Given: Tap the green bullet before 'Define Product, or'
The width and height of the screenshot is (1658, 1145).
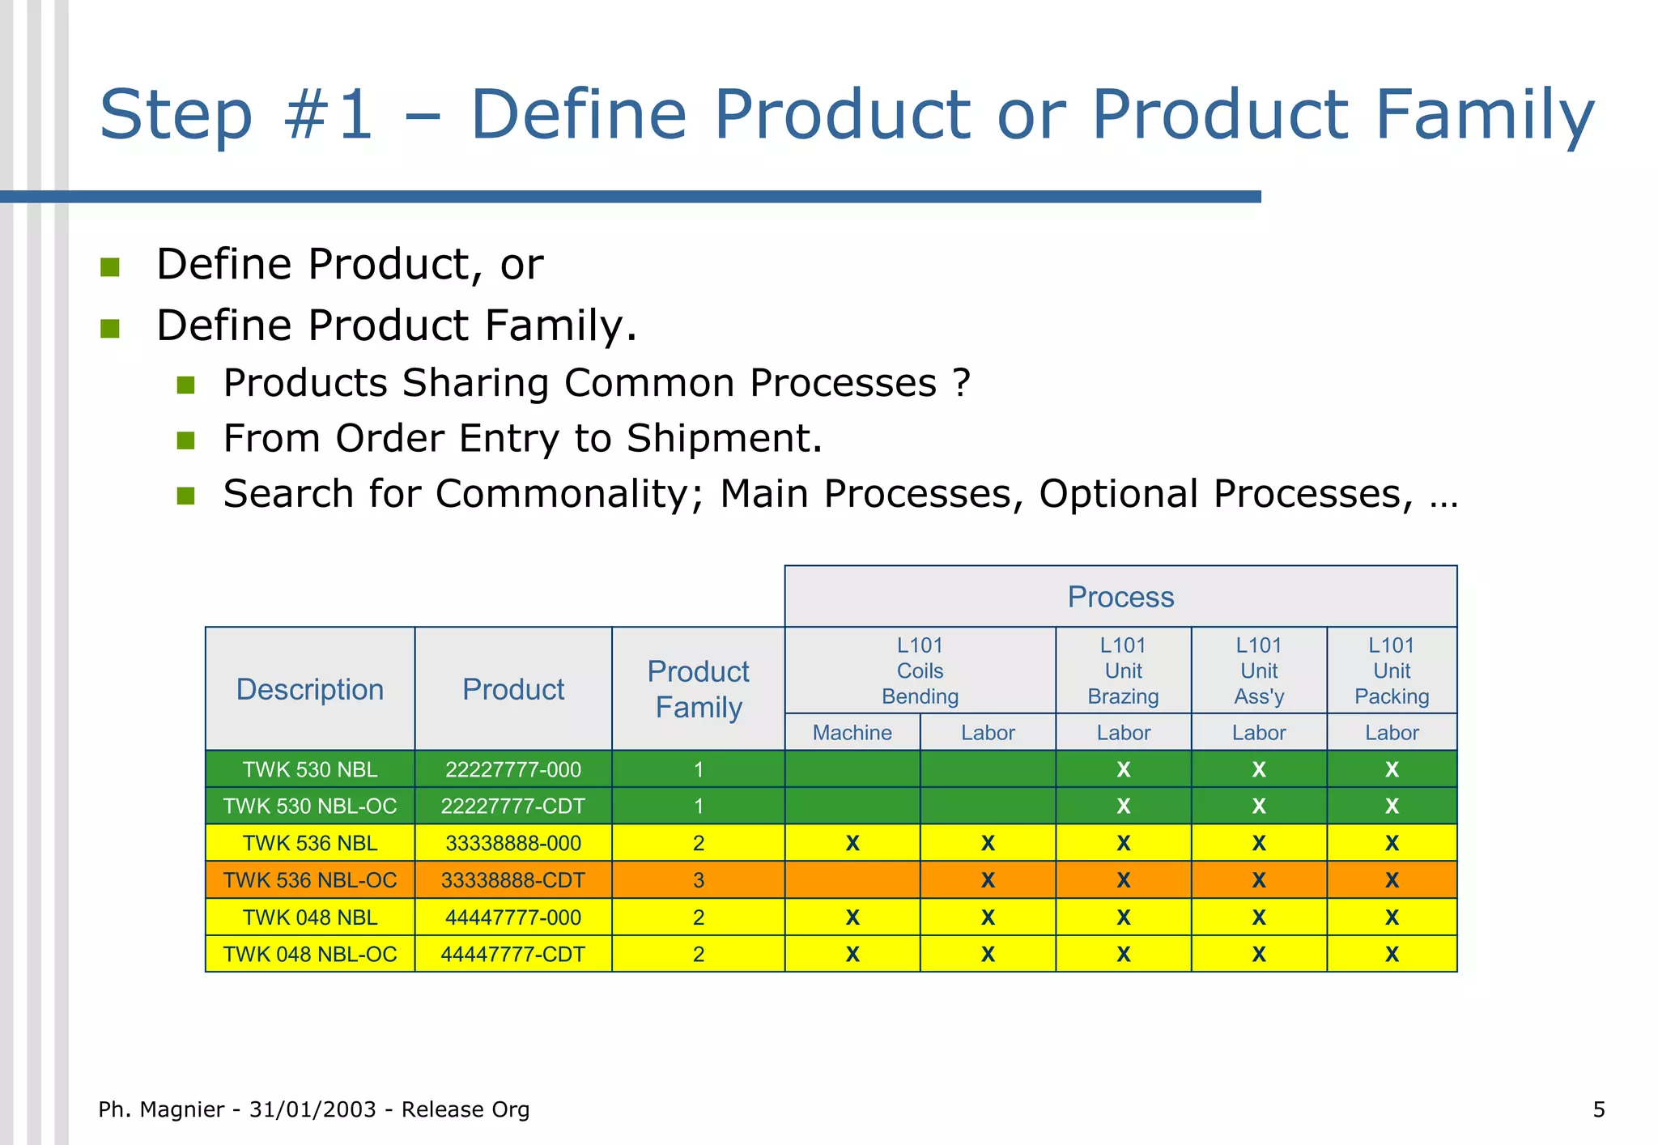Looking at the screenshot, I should tap(110, 267).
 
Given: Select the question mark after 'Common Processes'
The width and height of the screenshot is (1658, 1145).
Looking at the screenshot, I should tap(961, 383).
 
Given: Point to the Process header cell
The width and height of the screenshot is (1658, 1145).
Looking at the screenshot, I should tap(1120, 597).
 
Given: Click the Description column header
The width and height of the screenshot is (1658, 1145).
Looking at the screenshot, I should tap(310, 689).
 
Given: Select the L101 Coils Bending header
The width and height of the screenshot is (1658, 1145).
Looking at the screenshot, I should tap(920, 670).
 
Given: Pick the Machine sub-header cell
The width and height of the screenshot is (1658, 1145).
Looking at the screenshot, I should tap(852, 733).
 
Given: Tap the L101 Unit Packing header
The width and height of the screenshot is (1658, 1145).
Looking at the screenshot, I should tap(1391, 670).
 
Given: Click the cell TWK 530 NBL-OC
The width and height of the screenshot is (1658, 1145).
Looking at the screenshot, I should tap(310, 807).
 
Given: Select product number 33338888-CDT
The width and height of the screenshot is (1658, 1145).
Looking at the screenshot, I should tap(512, 880).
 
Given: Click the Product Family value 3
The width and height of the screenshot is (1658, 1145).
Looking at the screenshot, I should tap(698, 880).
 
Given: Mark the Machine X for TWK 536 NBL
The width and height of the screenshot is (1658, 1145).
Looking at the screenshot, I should tap(852, 844).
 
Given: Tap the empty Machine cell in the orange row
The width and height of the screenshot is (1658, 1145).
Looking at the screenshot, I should tap(852, 880).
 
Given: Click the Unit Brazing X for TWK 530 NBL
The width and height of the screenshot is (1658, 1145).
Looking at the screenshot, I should tap(1123, 770).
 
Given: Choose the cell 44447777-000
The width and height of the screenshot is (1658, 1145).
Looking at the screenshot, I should tap(512, 917).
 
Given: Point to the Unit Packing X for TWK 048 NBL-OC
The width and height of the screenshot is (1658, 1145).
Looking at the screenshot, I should tap(1391, 955).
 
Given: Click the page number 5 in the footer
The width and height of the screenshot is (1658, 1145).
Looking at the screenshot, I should tap(1598, 1109).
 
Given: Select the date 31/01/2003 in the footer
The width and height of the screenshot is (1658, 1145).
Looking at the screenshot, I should tap(312, 1109).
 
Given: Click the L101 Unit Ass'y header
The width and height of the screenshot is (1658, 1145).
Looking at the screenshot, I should tap(1258, 670).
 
